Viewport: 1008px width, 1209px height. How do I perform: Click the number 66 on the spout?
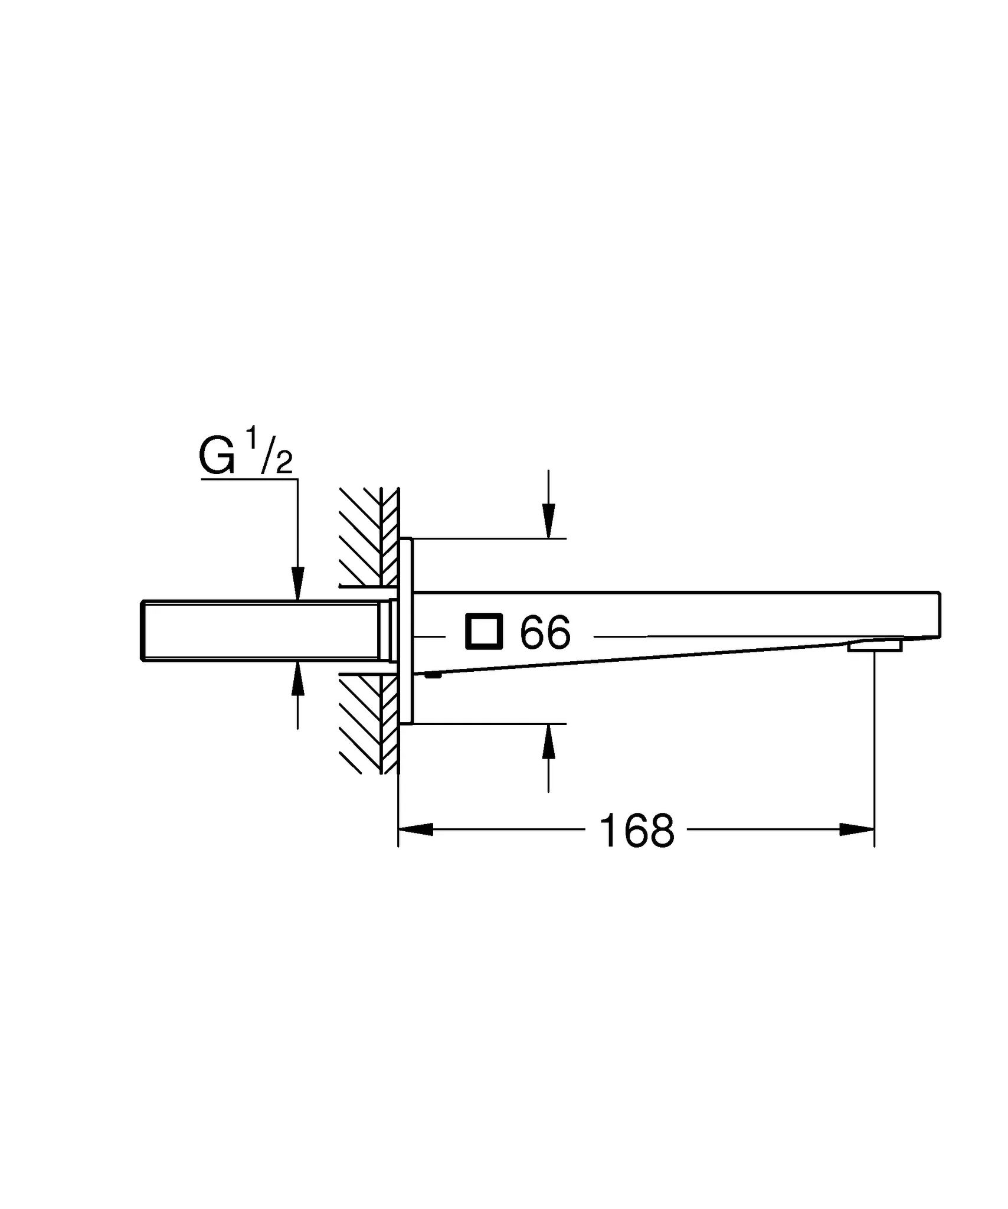point(545,632)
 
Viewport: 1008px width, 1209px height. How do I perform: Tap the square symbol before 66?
point(484,632)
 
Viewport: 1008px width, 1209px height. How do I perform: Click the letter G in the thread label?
point(217,457)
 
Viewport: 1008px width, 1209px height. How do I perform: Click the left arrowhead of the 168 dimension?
point(415,829)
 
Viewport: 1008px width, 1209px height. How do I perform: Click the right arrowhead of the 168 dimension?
point(857,829)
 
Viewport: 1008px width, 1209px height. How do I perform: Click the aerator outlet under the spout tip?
point(875,646)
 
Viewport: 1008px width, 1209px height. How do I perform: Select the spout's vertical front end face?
point(940,614)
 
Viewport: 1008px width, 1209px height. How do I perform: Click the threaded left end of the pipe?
point(143,631)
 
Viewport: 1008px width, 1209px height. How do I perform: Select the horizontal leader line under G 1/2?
point(248,479)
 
